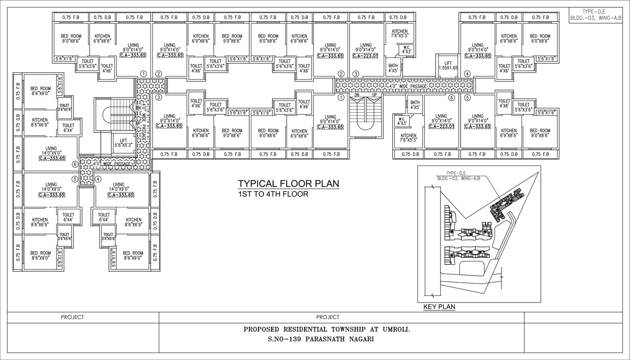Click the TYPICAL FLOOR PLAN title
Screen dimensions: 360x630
click(288, 184)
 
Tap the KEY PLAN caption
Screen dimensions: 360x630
click(439, 307)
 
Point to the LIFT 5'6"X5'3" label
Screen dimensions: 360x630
click(123, 143)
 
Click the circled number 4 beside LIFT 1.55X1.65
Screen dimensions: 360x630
click(467, 74)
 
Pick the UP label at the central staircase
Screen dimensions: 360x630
click(374, 95)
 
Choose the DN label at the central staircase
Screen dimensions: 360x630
click(357, 95)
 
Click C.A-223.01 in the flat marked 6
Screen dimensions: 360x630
click(441, 126)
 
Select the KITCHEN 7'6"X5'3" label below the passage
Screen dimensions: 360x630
click(408, 137)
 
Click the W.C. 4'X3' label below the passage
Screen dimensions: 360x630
click(402, 121)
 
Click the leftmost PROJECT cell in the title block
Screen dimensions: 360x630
click(72, 317)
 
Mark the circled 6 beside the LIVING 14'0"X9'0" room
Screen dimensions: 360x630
click(75, 164)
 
